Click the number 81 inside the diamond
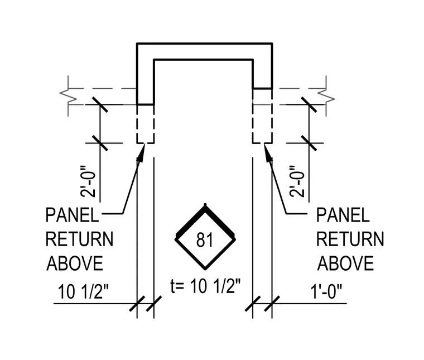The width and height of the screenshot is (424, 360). pos(205,239)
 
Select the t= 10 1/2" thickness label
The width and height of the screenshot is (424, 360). pos(205,286)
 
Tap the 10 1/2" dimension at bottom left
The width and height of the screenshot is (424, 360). pos(83,291)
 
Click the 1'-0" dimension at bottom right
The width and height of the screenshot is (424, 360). pos(327,291)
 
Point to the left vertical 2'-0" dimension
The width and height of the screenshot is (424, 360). pos(88,181)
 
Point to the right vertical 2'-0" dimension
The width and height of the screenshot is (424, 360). pos(297,181)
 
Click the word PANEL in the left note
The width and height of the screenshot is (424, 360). pos(72,215)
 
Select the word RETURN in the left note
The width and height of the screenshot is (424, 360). pos(79,239)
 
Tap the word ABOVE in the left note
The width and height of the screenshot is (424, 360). pos(75,263)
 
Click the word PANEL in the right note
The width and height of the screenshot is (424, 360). pos(343,215)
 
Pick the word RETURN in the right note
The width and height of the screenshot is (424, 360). pos(350,239)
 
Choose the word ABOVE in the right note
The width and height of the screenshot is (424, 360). pos(345,263)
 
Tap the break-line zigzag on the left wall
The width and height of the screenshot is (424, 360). pos(68,97)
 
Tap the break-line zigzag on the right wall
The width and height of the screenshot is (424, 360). pos(326,97)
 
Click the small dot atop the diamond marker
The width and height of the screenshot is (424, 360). pos(205,204)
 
